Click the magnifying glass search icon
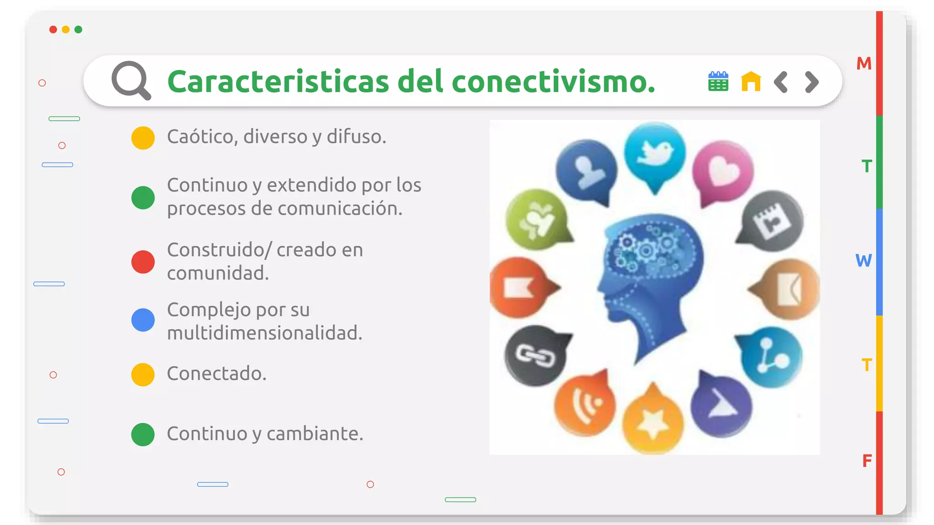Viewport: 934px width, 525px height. (131, 80)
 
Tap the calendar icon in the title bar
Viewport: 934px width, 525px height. (718, 82)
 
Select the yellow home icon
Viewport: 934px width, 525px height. (751, 82)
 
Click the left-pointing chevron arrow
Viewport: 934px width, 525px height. (781, 82)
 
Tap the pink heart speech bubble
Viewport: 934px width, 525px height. (722, 170)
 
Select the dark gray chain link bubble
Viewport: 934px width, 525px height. (535, 355)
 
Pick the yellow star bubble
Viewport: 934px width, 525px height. (653, 422)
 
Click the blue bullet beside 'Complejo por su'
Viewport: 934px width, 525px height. (143, 320)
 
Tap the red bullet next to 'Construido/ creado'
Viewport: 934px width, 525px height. (143, 262)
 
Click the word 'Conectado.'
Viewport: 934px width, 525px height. (217, 374)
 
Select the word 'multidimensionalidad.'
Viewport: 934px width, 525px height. (265, 333)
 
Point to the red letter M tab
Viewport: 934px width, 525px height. (864, 63)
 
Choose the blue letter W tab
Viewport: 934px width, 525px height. (863, 261)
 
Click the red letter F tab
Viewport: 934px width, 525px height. (867, 461)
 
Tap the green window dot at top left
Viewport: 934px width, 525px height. (78, 30)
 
